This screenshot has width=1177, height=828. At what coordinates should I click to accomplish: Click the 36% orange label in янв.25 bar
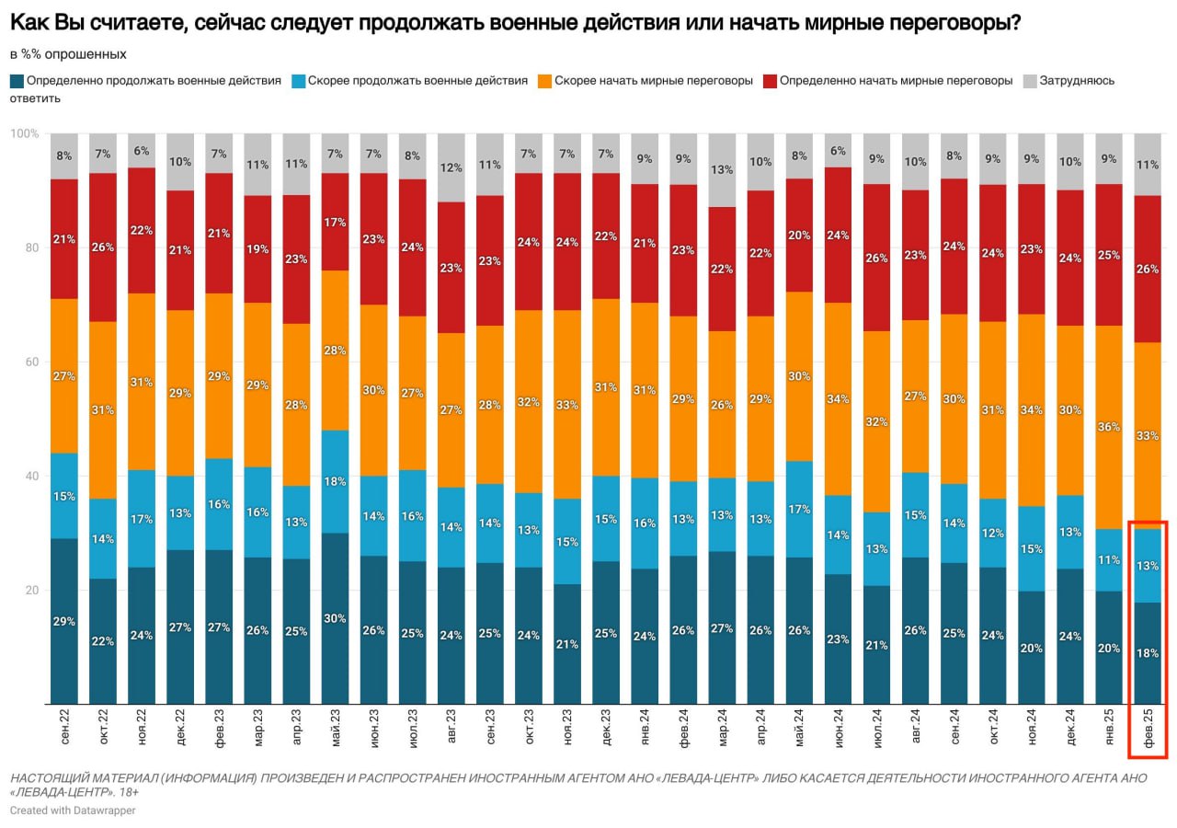(1110, 427)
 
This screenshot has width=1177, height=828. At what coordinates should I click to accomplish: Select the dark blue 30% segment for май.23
(335, 618)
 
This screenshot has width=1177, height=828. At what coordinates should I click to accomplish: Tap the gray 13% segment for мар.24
(722, 169)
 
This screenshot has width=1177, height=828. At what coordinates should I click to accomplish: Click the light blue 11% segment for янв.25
(1110, 559)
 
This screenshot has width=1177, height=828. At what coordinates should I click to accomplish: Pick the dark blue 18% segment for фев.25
(1148, 652)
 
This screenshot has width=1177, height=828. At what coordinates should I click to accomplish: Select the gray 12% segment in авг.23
(451, 168)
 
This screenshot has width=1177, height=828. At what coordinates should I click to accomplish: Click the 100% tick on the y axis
(24, 134)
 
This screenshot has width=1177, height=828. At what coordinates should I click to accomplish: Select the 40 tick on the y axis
(31, 477)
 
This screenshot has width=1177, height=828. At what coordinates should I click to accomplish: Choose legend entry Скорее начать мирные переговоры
(653, 81)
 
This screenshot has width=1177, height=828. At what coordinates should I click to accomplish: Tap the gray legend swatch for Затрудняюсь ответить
(1030, 81)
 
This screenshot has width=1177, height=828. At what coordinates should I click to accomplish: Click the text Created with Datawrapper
(73, 811)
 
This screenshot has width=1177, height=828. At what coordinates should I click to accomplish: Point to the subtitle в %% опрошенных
(68, 54)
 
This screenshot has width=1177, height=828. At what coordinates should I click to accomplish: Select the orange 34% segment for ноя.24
(1033, 410)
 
